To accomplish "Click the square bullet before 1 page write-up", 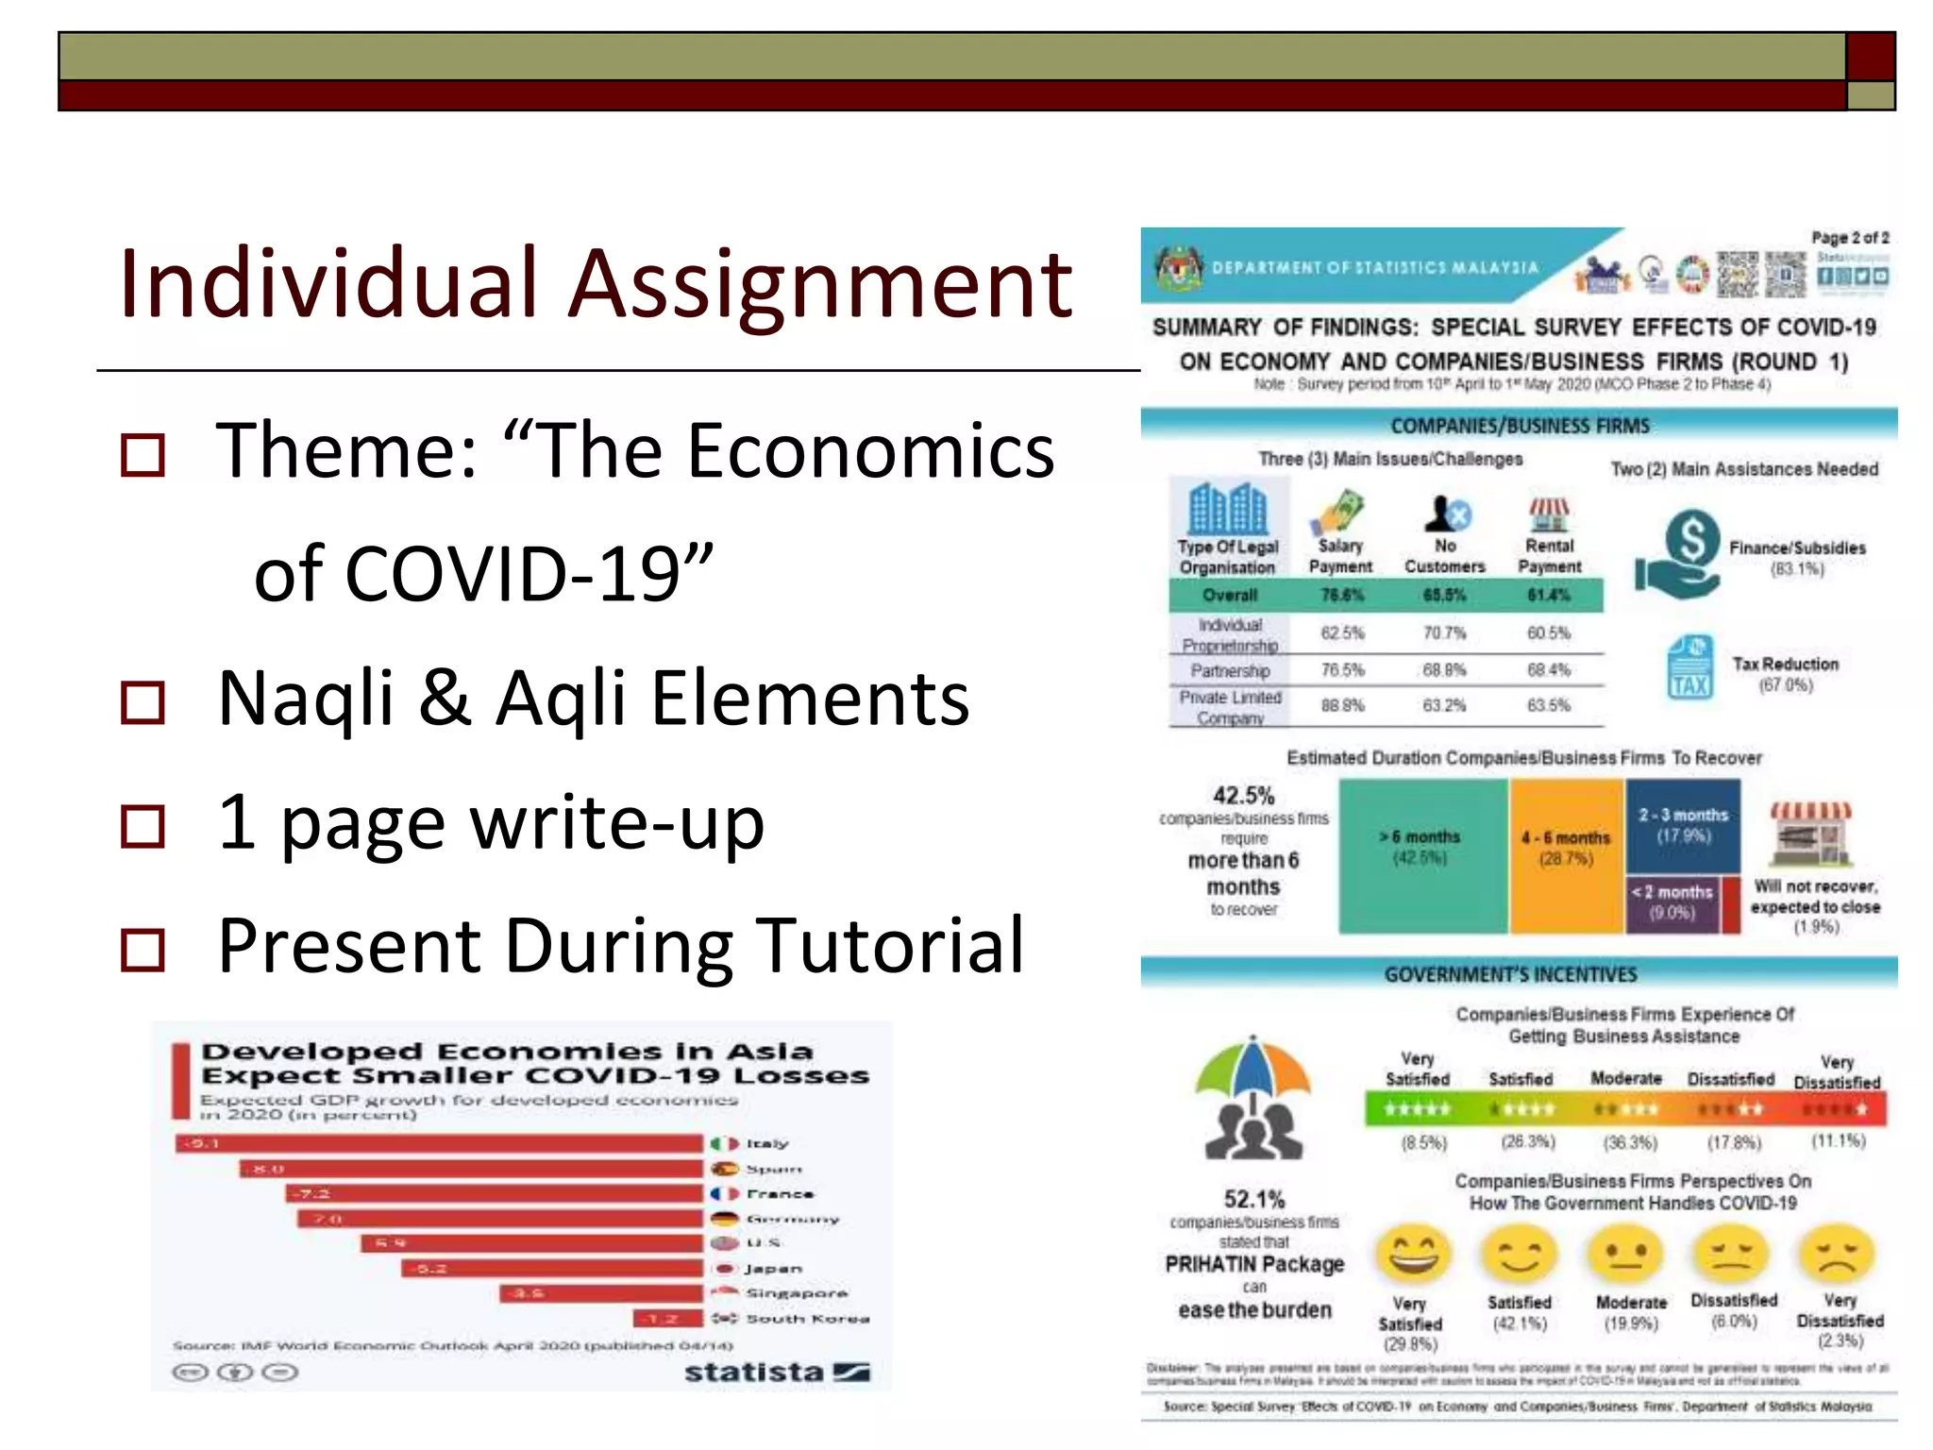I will point(143,826).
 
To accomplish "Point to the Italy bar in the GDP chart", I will point(439,1143).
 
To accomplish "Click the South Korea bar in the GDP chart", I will point(668,1318).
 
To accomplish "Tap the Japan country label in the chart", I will point(772,1269).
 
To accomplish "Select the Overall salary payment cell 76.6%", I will point(1341,595).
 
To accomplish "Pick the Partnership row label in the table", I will point(1229,670).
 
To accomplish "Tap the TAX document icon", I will point(1689,667).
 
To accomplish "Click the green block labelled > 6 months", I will point(1421,856).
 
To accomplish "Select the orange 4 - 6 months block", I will point(1566,856).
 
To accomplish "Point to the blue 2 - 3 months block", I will point(1683,825).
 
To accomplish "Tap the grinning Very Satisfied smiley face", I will point(1414,1255).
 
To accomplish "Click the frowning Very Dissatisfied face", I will point(1838,1255).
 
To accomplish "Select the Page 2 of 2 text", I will point(1849,238).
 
